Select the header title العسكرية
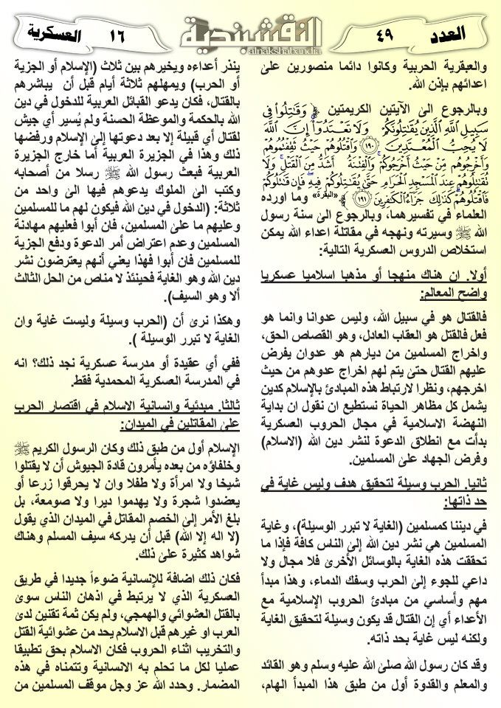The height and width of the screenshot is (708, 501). (52, 34)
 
